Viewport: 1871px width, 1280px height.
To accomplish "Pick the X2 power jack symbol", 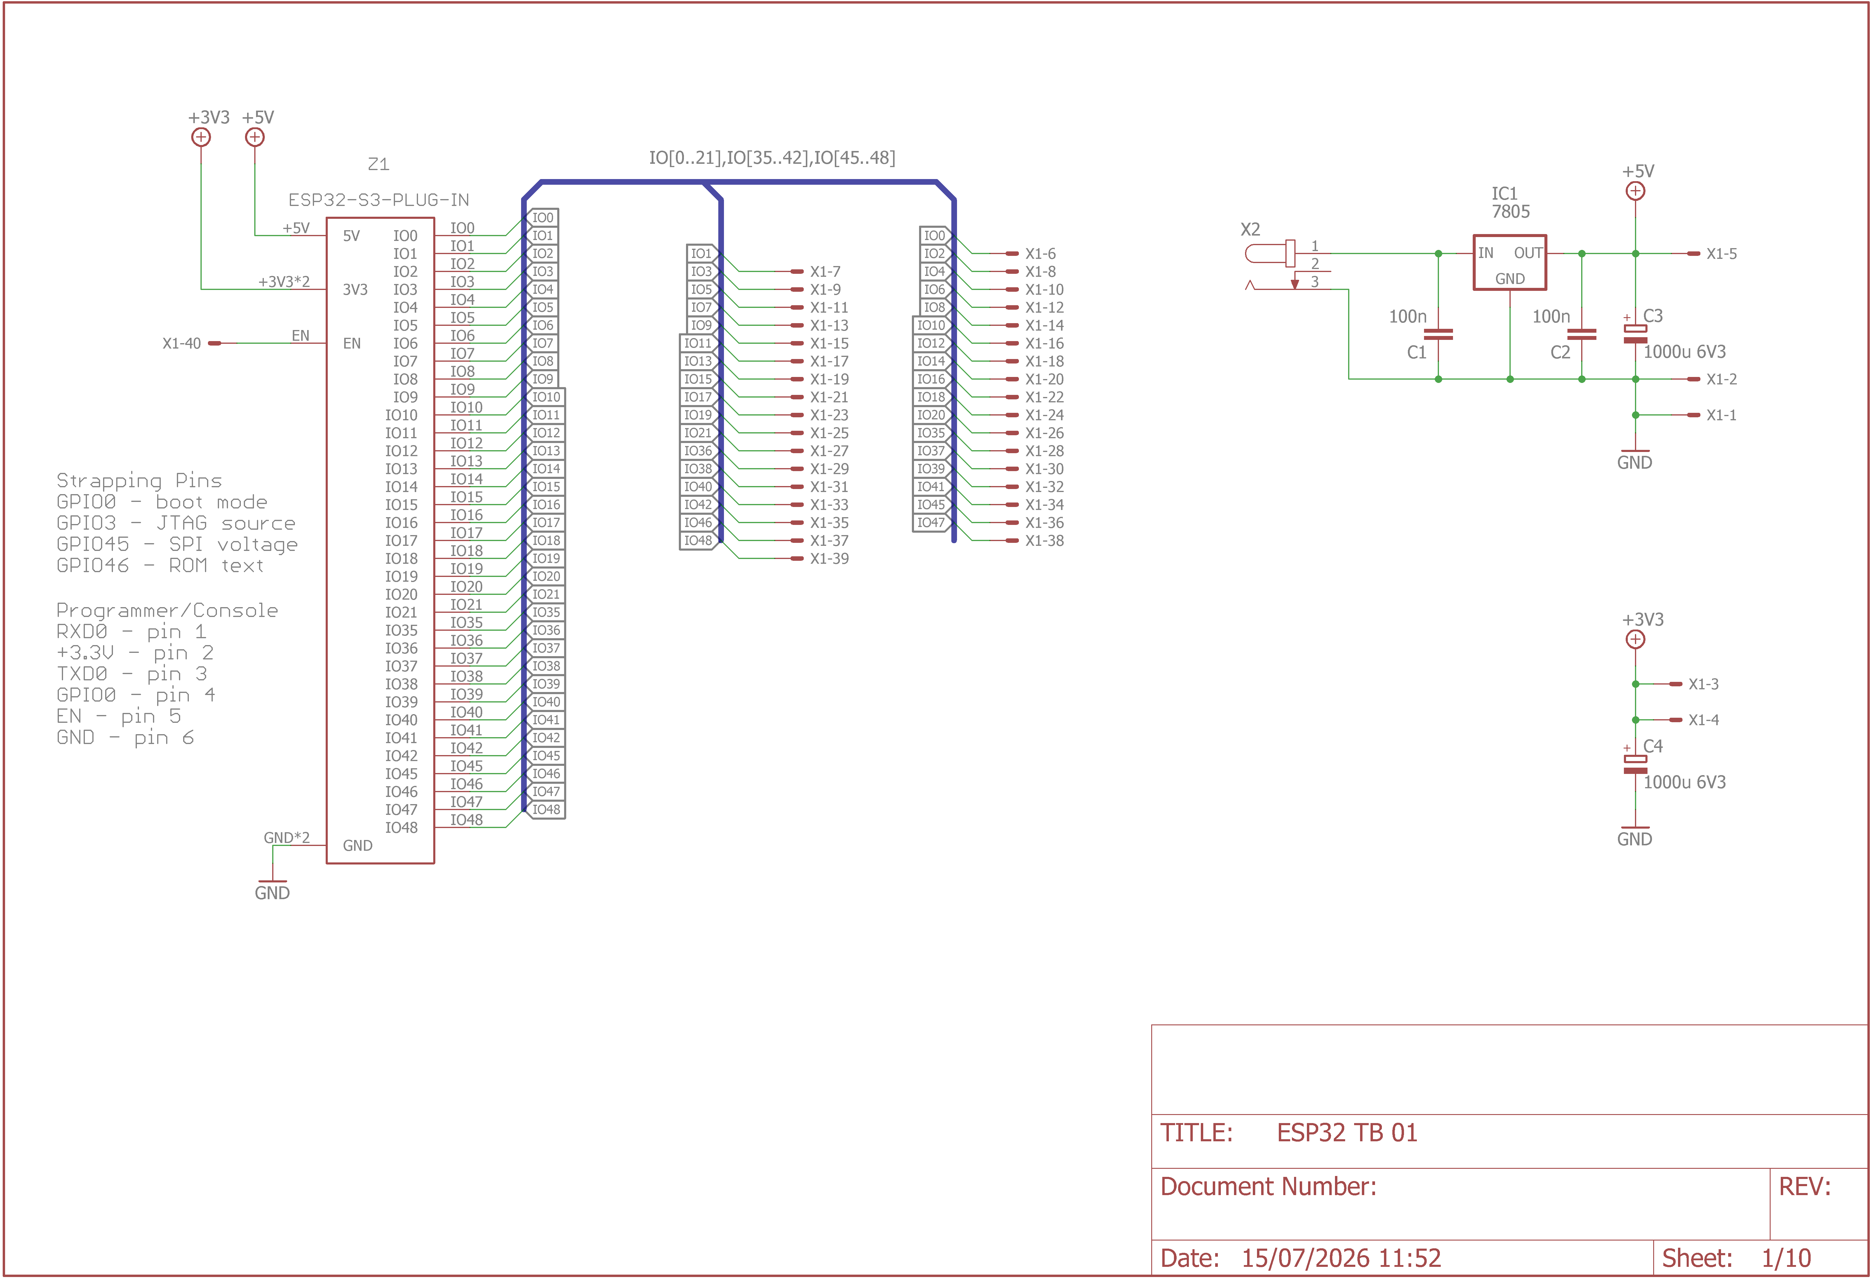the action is click(1270, 254).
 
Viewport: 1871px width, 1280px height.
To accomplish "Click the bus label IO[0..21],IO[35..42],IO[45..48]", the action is click(772, 158).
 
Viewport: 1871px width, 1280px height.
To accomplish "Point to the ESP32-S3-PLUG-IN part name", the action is click(378, 200).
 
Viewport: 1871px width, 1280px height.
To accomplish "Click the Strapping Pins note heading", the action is click(139, 481).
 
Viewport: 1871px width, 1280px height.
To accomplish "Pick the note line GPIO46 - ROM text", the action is click(160, 566).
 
